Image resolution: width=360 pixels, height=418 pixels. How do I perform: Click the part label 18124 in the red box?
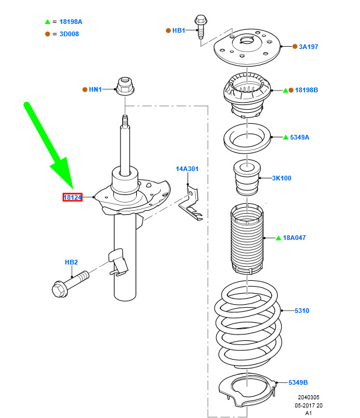(72, 198)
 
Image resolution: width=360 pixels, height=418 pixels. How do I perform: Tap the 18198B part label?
(306, 90)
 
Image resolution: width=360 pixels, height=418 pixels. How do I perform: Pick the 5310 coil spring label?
(302, 311)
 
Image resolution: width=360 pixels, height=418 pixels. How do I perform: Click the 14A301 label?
(188, 169)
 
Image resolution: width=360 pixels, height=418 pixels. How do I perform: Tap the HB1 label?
(178, 30)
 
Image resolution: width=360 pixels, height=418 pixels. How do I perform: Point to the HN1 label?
(95, 89)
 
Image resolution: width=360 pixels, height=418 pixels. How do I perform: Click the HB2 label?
(71, 263)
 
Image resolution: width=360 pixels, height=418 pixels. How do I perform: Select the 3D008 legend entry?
(68, 34)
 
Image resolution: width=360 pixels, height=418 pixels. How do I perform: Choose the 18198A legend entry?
(71, 22)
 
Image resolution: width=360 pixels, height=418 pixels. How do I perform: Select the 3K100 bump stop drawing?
(247, 178)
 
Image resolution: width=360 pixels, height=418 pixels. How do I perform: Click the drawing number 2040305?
(309, 397)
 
